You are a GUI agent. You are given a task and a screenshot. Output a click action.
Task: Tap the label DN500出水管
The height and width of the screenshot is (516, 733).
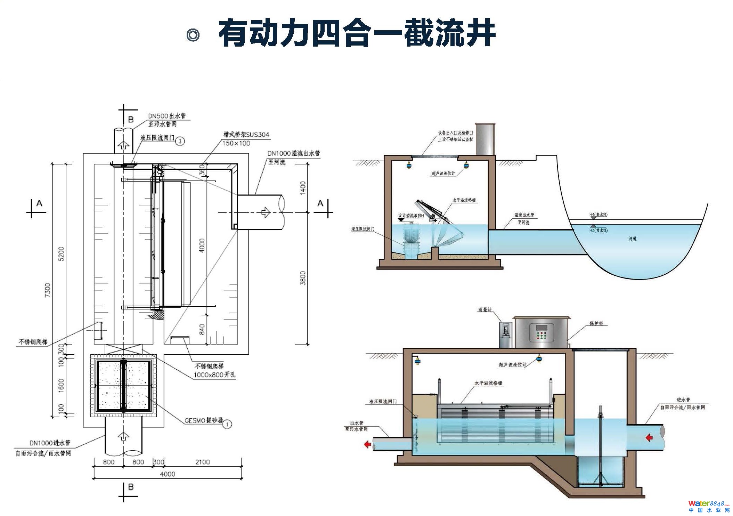pyautogui.click(x=167, y=116)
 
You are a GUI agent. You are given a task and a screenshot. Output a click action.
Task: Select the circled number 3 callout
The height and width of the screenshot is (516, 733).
pyautogui.click(x=180, y=141)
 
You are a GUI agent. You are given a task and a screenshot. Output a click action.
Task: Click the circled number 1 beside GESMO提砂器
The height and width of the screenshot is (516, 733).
pyautogui.click(x=227, y=424)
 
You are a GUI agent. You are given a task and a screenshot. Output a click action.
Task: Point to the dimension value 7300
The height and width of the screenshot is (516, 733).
pyautogui.click(x=48, y=290)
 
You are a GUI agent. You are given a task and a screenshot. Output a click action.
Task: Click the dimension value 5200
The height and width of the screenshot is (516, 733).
pyautogui.click(x=61, y=254)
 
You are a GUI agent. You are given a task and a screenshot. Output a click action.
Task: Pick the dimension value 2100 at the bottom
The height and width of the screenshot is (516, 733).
pyautogui.click(x=202, y=462)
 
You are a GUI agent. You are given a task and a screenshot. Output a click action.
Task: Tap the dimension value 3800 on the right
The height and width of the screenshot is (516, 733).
pyautogui.click(x=303, y=278)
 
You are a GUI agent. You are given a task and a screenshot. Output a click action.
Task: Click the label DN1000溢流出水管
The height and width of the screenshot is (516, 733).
pyautogui.click(x=294, y=153)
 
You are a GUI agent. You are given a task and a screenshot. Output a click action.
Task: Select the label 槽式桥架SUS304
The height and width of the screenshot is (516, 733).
pyautogui.click(x=246, y=135)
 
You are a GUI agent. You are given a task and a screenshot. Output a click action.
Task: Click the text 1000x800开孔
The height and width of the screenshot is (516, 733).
pyautogui.click(x=214, y=375)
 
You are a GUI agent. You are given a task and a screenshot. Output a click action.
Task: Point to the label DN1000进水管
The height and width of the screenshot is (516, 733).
pyautogui.click(x=50, y=443)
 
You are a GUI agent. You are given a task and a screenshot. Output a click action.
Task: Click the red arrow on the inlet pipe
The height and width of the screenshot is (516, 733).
pyautogui.click(x=649, y=437)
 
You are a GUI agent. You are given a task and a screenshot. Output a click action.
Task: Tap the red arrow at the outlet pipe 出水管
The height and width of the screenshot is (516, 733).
pyautogui.click(x=367, y=444)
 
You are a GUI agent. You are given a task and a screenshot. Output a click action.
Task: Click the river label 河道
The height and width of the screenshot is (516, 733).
pyautogui.click(x=632, y=239)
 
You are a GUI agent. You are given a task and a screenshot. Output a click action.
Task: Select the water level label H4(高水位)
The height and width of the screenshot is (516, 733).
pyautogui.click(x=598, y=215)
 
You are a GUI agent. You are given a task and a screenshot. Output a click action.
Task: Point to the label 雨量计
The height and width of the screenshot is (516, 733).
pyautogui.click(x=485, y=309)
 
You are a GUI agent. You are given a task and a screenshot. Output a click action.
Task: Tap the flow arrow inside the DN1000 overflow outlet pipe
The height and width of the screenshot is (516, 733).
pyautogui.click(x=266, y=212)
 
